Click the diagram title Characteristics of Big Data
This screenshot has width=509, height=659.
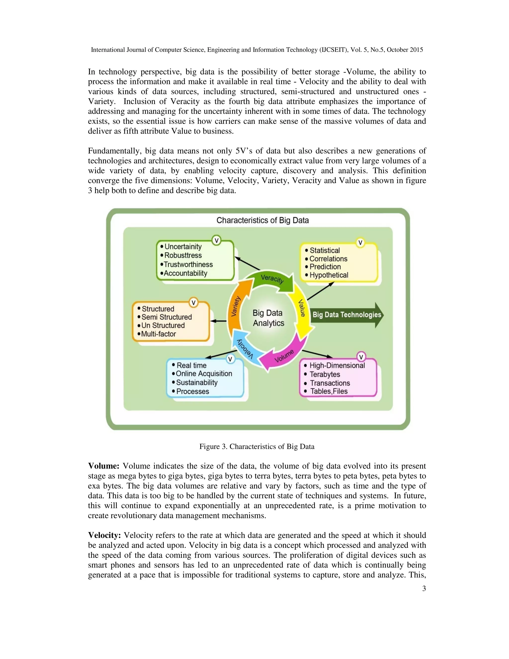tap(262, 220)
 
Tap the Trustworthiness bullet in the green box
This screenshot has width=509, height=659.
tap(188, 264)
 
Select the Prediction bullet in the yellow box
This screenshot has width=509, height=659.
tap(325, 267)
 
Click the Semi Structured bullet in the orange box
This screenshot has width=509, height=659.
tap(167, 317)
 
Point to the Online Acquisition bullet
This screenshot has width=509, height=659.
tap(204, 374)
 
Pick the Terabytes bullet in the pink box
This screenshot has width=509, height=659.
tap(325, 374)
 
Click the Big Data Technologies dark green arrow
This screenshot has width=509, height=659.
tap(347, 315)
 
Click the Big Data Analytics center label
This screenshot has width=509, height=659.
tap(268, 318)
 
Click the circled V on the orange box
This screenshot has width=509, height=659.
tap(194, 303)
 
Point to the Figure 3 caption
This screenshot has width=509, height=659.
tap(256, 447)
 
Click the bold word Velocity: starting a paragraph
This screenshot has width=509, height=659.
tap(104, 535)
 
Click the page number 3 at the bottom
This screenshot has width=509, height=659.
tap(424, 589)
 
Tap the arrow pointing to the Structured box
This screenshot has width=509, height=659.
tap(218, 321)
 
